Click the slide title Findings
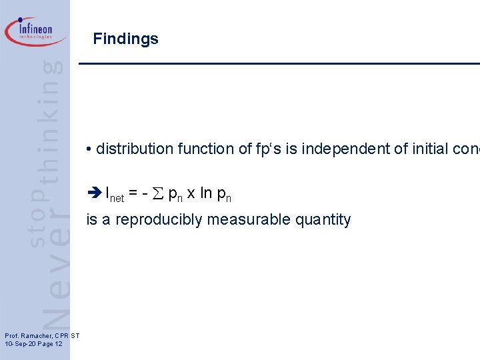pyautogui.click(x=126, y=39)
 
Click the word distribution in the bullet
pyautogui.click(x=133, y=149)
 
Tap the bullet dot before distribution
pyautogui.click(x=89, y=149)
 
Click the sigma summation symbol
pyautogui.click(x=159, y=194)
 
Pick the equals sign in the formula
pyautogui.click(x=134, y=194)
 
